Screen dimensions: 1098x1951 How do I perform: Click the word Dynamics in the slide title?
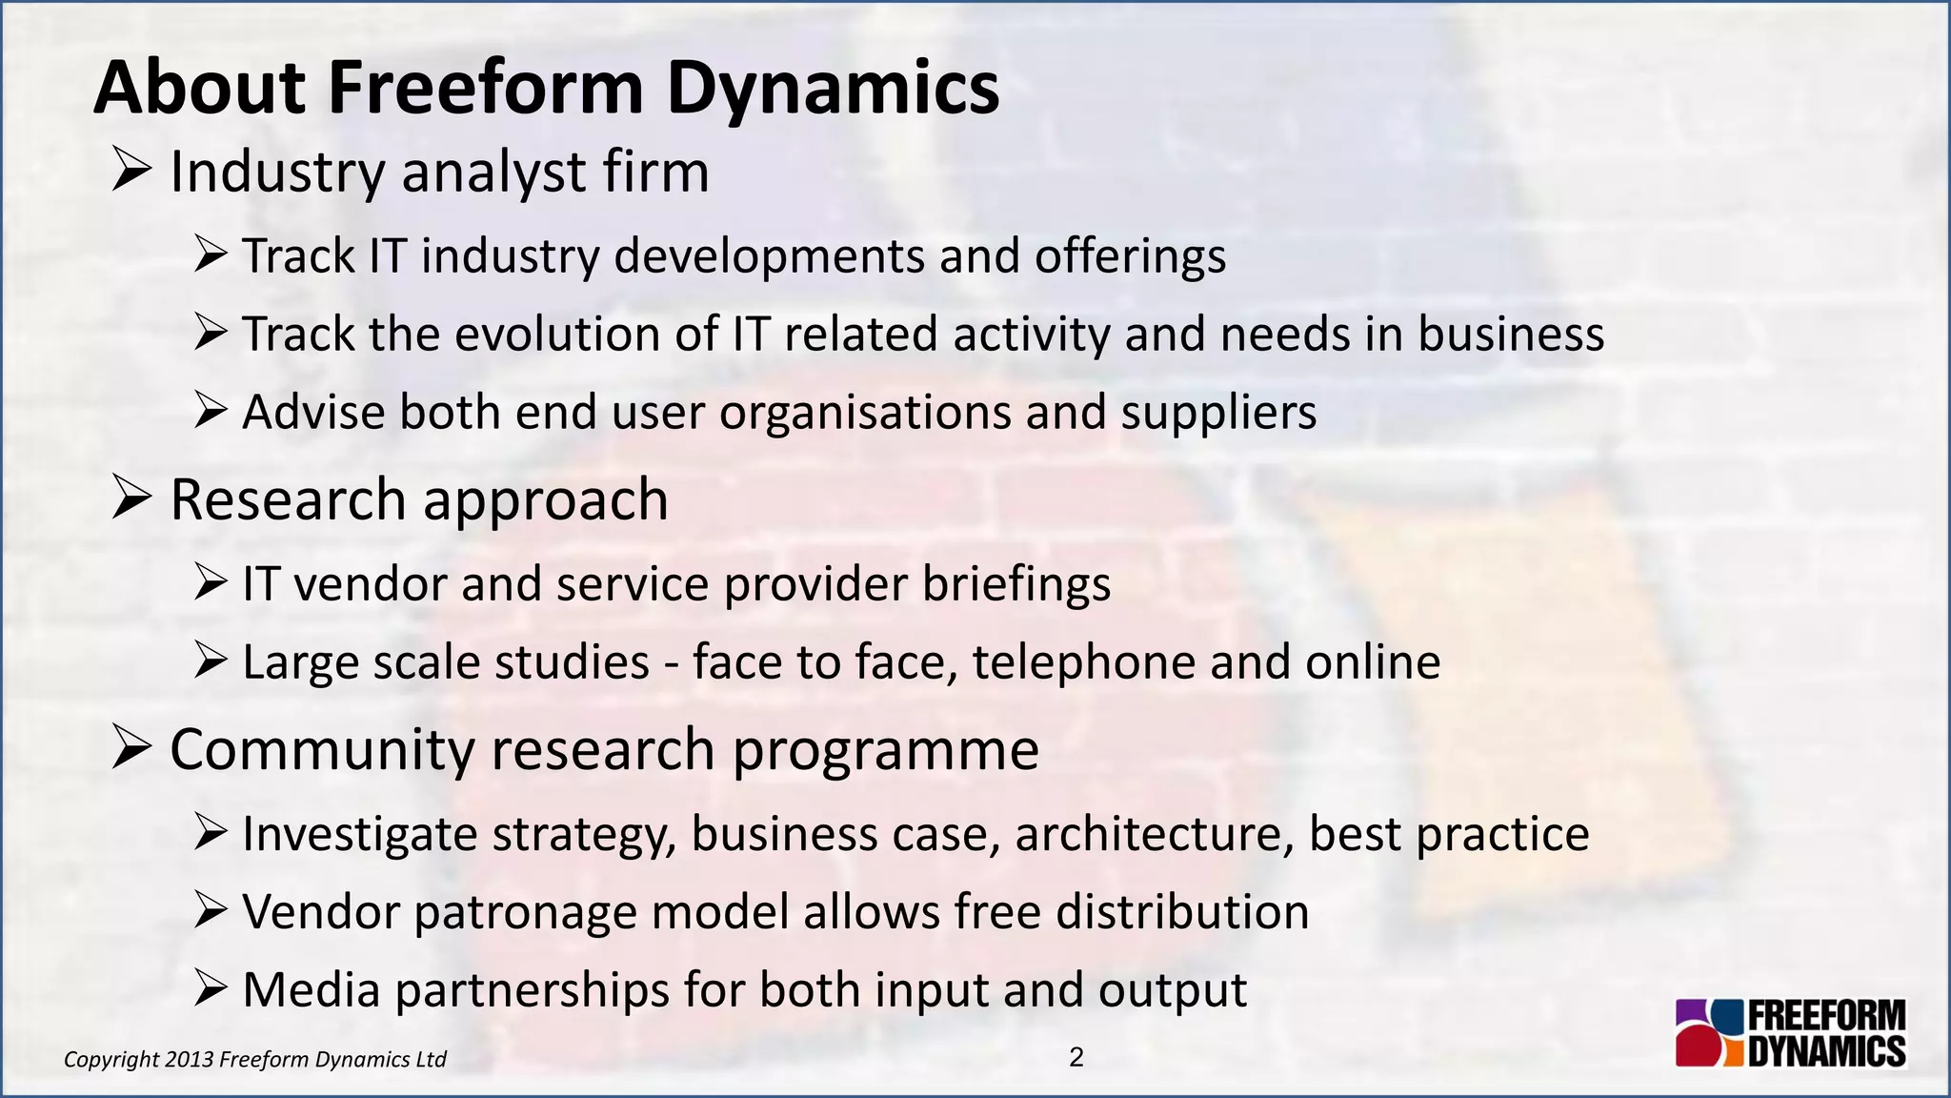click(x=833, y=88)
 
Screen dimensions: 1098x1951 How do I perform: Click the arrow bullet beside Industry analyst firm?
click(x=131, y=172)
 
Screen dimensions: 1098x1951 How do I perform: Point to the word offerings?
click(x=1130, y=257)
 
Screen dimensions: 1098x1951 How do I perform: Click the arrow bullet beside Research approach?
click(x=131, y=498)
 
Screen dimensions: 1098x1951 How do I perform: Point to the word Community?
click(x=322, y=750)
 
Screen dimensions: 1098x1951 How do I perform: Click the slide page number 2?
click(x=1076, y=1057)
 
